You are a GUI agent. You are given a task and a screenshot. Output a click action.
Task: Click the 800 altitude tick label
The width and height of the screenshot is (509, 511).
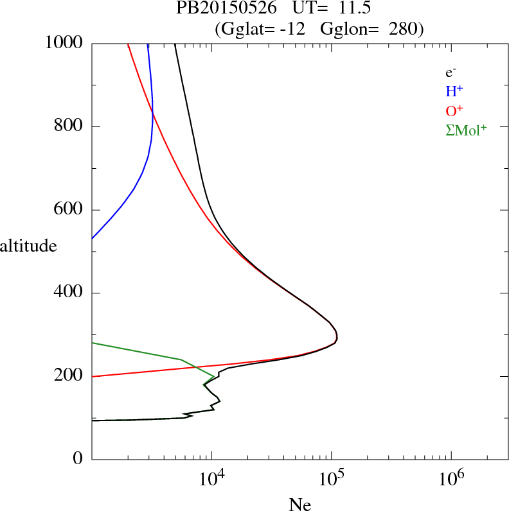(x=69, y=126)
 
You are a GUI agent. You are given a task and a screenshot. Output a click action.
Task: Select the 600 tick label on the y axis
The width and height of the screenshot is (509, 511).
(x=69, y=210)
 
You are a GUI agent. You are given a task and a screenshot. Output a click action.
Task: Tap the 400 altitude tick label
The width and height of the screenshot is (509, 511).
(x=69, y=293)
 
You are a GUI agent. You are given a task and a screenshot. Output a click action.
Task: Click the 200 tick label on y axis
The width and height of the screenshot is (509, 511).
(x=69, y=376)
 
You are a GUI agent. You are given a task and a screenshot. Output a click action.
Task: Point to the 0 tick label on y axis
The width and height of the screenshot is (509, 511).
(x=78, y=459)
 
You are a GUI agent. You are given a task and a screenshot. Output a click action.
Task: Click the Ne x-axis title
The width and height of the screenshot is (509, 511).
(x=299, y=505)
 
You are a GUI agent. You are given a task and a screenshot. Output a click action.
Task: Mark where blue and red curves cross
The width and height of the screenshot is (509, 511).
(x=153, y=114)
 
